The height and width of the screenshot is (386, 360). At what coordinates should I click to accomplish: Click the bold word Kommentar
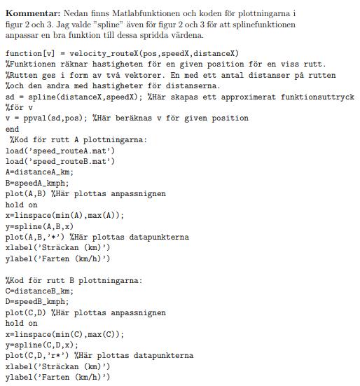(32, 13)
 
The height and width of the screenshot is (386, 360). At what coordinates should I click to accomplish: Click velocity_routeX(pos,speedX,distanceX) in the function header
(147, 53)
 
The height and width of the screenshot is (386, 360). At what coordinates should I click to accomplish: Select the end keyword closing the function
(12, 130)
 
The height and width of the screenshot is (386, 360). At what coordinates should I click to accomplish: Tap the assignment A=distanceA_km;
(39, 172)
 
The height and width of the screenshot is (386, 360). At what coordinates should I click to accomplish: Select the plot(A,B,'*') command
(34, 237)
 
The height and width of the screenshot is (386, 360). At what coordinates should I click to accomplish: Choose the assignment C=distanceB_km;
(39, 291)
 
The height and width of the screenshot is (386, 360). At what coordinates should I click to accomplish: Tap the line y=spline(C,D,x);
(41, 345)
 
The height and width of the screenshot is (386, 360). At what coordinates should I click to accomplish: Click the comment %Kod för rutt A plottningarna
(77, 140)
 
